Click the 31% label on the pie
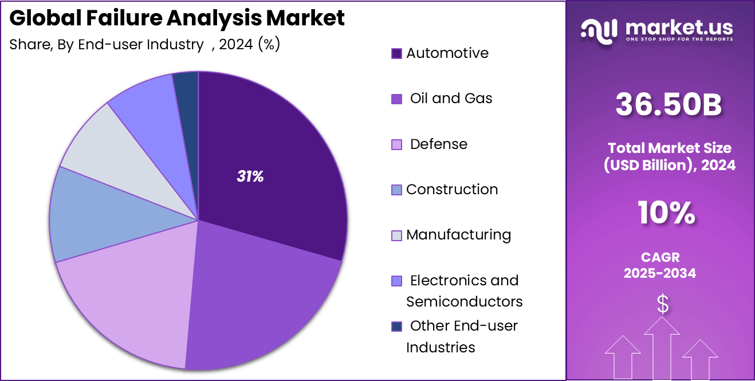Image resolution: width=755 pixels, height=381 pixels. pyautogui.click(x=250, y=177)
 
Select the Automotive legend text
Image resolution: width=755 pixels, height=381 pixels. pyautogui.click(x=447, y=53)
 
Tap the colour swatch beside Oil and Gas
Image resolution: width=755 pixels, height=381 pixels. pyautogui.click(x=396, y=99)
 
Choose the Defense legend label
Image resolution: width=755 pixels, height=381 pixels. pyautogui.click(x=438, y=144)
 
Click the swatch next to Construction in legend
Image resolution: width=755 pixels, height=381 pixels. pyautogui.click(x=396, y=190)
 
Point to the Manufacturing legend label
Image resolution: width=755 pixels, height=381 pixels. pyautogui.click(x=458, y=235)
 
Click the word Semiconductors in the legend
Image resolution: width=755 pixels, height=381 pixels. pyautogui.click(x=464, y=301)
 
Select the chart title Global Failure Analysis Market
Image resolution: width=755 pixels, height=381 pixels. pyautogui.click(x=177, y=18)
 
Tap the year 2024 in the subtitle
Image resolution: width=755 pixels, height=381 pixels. pyautogui.click(x=235, y=44)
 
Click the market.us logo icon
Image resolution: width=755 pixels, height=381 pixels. pyautogui.click(x=599, y=30)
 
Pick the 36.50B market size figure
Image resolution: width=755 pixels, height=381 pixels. pyautogui.click(x=669, y=105)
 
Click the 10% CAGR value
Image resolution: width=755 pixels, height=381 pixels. pyautogui.click(x=666, y=214)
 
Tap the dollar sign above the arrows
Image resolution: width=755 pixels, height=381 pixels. pyautogui.click(x=662, y=304)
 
